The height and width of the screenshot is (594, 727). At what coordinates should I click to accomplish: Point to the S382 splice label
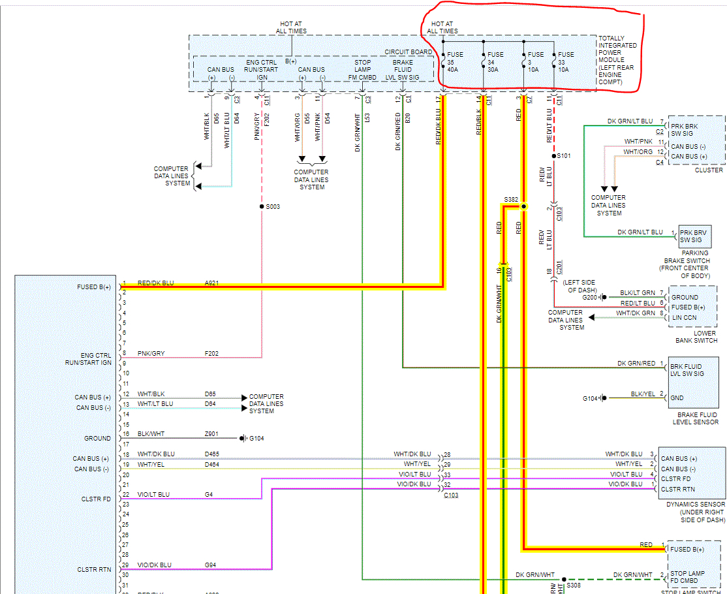(x=511, y=199)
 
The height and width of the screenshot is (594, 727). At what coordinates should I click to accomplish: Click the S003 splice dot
(x=262, y=206)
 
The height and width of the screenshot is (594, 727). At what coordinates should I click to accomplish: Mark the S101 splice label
(x=563, y=157)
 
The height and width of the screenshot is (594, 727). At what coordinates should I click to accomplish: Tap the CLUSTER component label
(x=708, y=170)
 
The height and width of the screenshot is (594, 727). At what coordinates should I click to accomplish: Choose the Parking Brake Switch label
(x=694, y=260)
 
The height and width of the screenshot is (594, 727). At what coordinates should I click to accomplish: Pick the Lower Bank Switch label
(x=696, y=336)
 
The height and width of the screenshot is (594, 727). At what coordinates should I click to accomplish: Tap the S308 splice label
(x=574, y=586)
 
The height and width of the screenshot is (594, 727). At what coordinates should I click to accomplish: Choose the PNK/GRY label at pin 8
(x=151, y=353)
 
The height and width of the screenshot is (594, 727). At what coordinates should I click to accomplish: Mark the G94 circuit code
(x=210, y=565)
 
